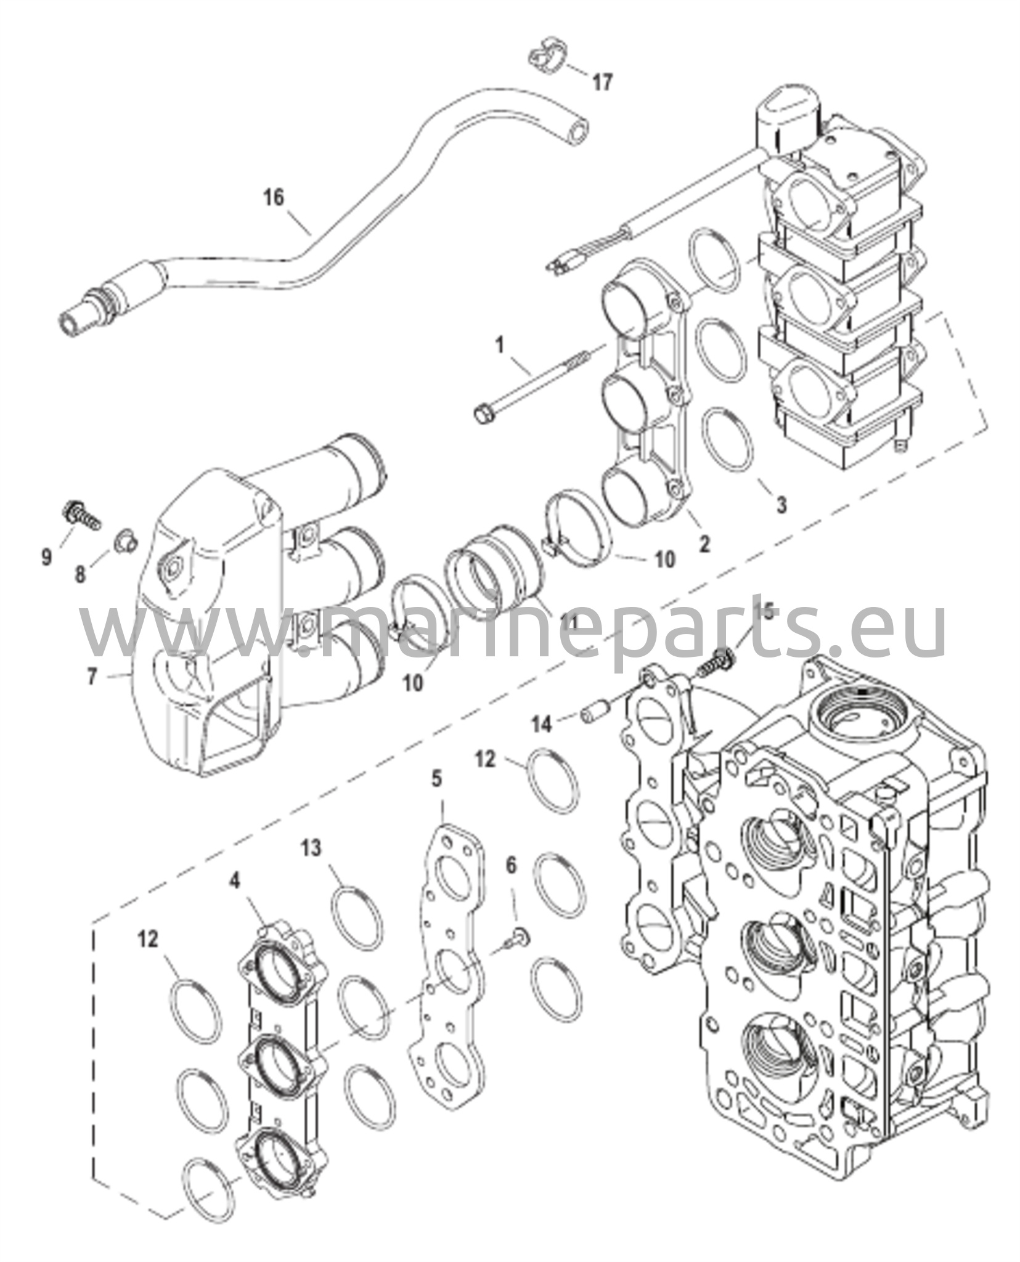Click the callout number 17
pyautogui.click(x=602, y=81)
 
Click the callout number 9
pyautogui.click(x=47, y=557)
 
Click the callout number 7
pyautogui.click(x=92, y=677)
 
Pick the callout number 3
pyautogui.click(x=781, y=505)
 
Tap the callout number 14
pyautogui.click(x=542, y=725)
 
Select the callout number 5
pyautogui.click(x=436, y=779)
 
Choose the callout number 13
pyautogui.click(x=311, y=848)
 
